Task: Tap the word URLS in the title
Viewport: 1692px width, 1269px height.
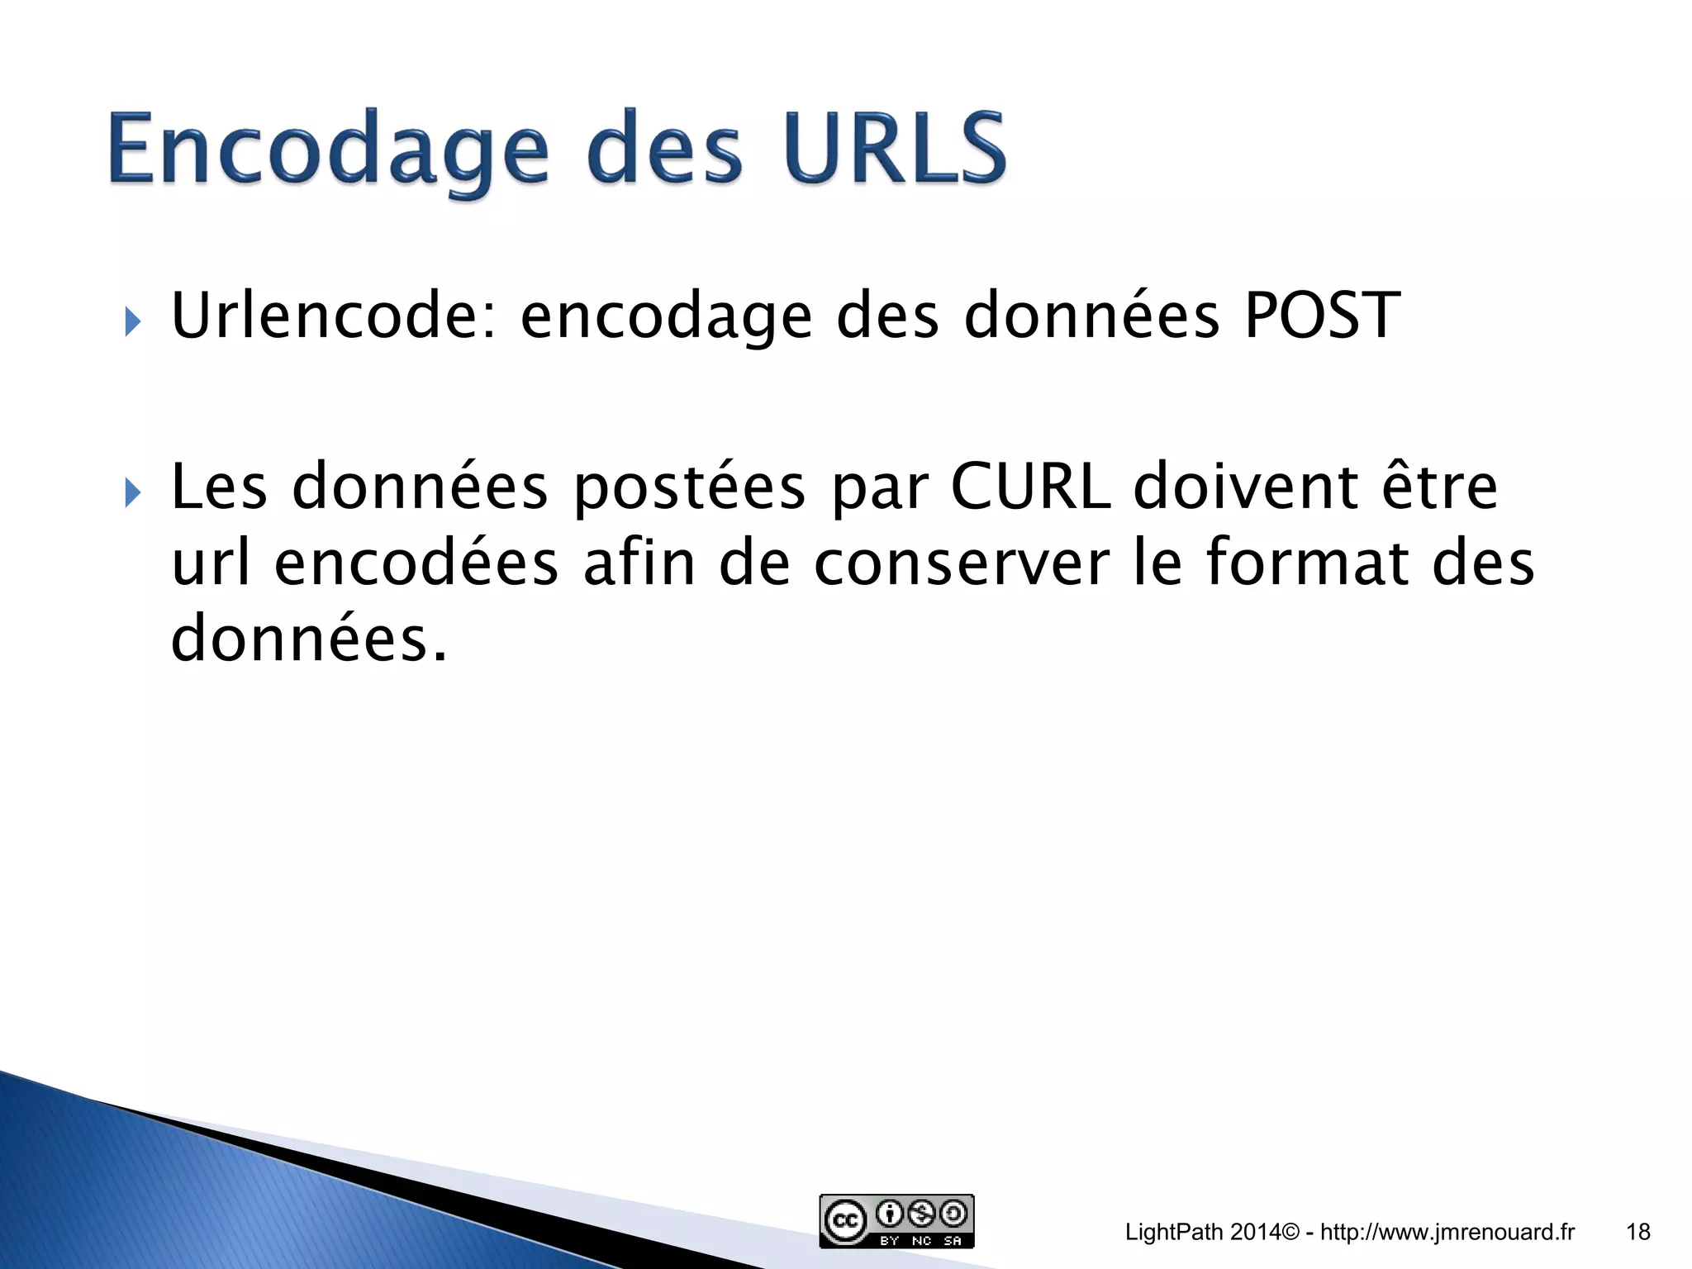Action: pyautogui.click(x=896, y=149)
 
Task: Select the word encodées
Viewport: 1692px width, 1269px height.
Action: pyautogui.click(x=416, y=563)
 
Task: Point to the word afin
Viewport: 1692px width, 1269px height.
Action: pyautogui.click(x=639, y=563)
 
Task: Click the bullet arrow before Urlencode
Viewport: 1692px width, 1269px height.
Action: pyautogui.click(x=132, y=321)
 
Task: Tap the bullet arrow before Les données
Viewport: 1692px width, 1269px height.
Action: pyautogui.click(x=132, y=493)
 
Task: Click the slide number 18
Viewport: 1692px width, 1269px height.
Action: pyautogui.click(x=1637, y=1233)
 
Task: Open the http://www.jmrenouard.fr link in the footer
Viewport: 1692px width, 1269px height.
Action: pyautogui.click(x=1447, y=1233)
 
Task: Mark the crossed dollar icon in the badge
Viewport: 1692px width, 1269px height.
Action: pyautogui.click(x=921, y=1214)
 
